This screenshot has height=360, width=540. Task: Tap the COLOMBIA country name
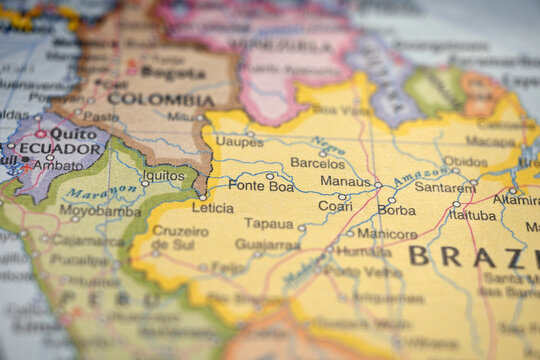[161, 99]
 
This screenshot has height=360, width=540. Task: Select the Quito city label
[73, 132]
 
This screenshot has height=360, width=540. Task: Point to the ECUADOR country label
[61, 148]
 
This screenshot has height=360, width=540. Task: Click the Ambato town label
[58, 165]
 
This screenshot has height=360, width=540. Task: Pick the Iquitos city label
[164, 175]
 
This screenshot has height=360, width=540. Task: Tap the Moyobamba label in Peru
[100, 210]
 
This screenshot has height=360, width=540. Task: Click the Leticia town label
[213, 208]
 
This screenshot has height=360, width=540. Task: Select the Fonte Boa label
[261, 185]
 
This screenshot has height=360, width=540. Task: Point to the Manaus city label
[346, 181]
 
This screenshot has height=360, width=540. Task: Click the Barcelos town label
[317, 162]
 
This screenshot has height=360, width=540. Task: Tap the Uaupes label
[240, 142]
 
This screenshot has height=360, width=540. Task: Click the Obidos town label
[465, 161]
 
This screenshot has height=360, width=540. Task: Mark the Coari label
[335, 206]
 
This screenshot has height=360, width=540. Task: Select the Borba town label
[397, 210]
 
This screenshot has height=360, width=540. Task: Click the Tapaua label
[269, 223]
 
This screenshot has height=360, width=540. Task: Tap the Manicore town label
[387, 234]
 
